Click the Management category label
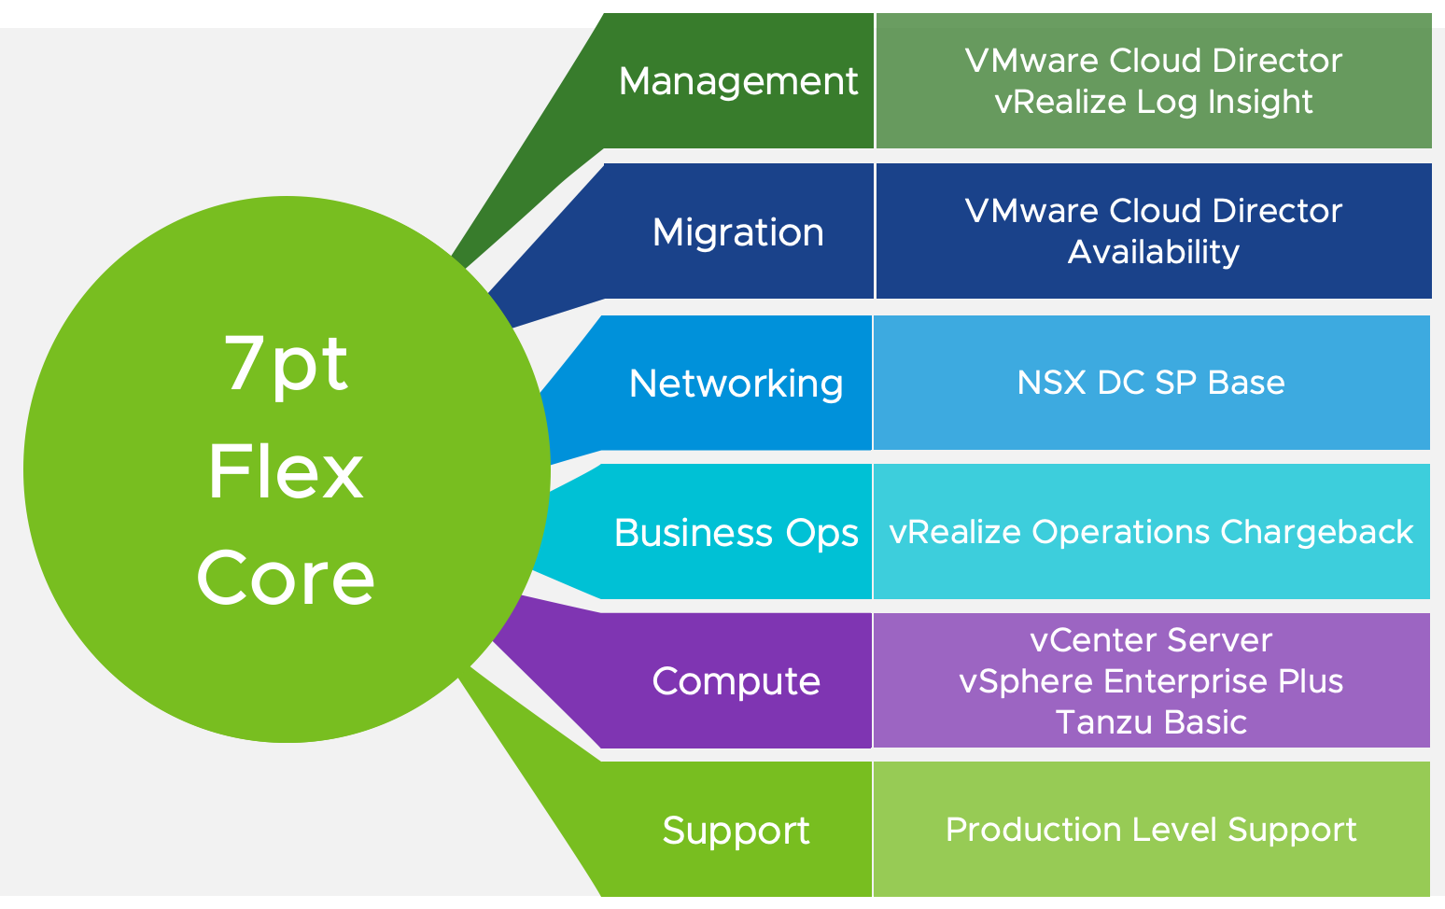737,82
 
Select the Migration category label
737,232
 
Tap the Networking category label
736,384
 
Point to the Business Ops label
736,533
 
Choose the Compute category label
736,681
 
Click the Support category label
736,831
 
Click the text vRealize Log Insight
1153,102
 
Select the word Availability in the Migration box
1153,252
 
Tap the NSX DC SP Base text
1150,383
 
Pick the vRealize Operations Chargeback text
1150,532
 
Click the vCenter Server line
1150,640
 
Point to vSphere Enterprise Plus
1150,681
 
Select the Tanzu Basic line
1150,722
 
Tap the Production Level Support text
1150,830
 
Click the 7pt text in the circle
286,365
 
